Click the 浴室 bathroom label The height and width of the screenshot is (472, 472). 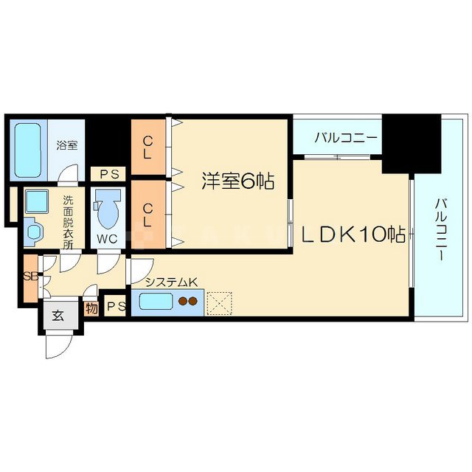tap(67, 145)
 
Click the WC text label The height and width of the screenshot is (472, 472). tap(108, 239)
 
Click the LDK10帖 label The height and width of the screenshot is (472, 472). tap(354, 235)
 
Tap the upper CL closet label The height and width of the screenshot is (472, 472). tap(149, 146)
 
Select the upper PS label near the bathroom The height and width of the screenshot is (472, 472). tap(108, 175)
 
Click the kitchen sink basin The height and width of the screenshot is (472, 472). tap(156, 302)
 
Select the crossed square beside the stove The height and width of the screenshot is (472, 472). tap(219, 302)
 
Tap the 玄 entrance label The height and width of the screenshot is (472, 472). tap(57, 315)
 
